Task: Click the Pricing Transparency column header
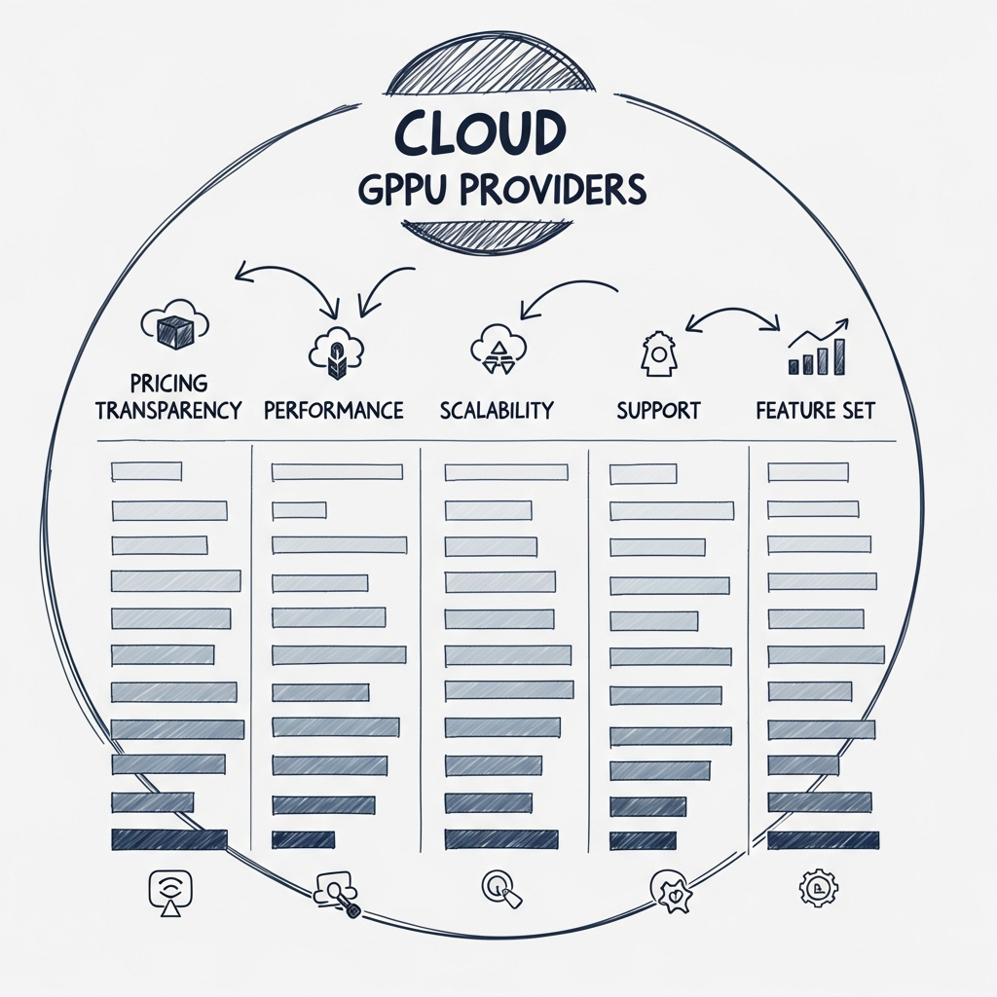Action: [168, 396]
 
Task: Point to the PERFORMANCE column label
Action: [334, 410]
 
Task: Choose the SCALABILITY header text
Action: [497, 410]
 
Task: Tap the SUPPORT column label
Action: [658, 410]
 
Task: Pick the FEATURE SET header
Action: [815, 410]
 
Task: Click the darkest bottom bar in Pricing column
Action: [169, 839]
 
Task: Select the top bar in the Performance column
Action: [337, 472]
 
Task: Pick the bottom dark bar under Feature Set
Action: [823, 839]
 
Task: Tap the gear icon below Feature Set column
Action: [813, 887]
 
